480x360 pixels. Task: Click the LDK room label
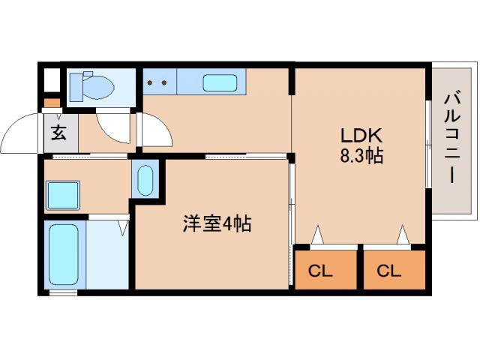click(362, 136)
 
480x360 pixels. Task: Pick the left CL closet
click(320, 270)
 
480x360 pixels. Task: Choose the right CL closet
click(388, 270)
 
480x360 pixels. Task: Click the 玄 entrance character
click(58, 134)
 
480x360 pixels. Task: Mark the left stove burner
click(148, 82)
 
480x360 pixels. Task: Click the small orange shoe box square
click(51, 103)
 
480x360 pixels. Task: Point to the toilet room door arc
click(112, 128)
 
